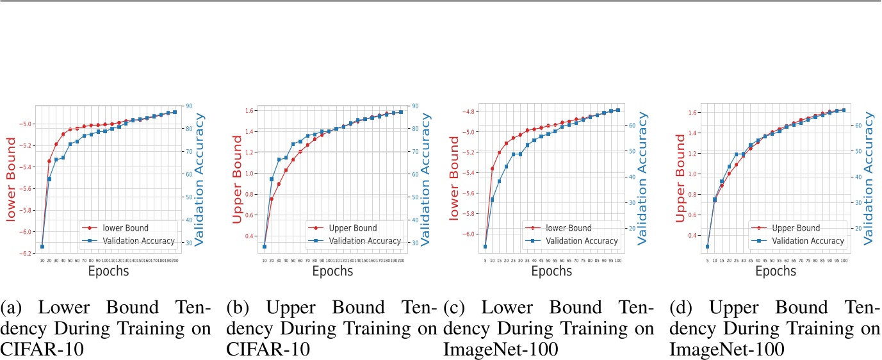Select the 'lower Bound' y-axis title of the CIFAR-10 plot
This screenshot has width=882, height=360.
click(x=11, y=180)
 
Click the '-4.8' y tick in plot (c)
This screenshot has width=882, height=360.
click(x=469, y=111)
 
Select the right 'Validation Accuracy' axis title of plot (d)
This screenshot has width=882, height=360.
click(x=869, y=178)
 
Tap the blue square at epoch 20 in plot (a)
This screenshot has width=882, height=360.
click(x=49, y=179)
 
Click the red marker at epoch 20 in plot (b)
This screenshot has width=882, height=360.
click(x=271, y=199)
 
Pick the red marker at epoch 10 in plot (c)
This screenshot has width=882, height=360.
click(x=493, y=168)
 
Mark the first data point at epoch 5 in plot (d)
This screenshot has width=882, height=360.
click(x=708, y=247)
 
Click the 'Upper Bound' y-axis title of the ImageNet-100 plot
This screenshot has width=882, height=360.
click(x=681, y=180)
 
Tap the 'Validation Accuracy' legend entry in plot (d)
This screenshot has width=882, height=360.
click(x=806, y=241)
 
